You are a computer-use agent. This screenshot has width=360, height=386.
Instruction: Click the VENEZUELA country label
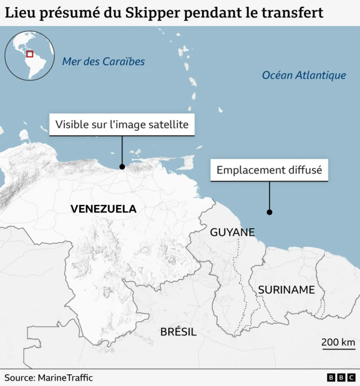[103, 209]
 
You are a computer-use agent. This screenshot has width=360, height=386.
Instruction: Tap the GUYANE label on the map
[232, 232]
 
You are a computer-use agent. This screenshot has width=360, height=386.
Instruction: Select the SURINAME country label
[286, 290]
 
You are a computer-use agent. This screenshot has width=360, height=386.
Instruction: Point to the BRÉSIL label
[178, 331]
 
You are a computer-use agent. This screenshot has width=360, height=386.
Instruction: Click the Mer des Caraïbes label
[103, 62]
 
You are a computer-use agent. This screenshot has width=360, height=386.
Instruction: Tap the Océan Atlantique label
[304, 75]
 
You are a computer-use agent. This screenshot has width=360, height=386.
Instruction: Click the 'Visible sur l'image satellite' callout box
[122, 124]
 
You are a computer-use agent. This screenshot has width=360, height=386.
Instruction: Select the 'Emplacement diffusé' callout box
[269, 170]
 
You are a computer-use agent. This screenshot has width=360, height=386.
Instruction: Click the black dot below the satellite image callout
[122, 166]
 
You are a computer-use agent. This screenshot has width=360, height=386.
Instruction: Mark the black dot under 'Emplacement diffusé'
[269, 212]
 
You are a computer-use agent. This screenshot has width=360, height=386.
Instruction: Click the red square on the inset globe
[30, 54]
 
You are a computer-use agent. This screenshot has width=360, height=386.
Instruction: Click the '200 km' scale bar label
[338, 342]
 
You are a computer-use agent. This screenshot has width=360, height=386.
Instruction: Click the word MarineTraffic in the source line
[65, 378]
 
